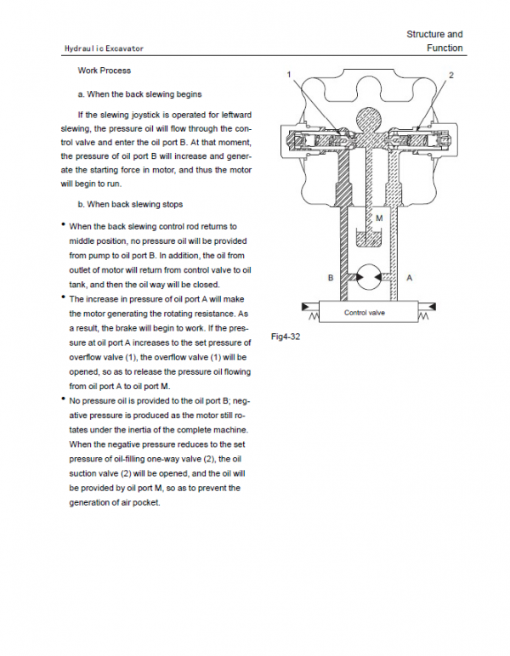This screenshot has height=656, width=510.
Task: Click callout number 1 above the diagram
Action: pos(289,76)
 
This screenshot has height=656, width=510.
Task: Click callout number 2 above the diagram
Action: pos(451,76)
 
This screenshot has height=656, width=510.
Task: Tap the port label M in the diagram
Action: pos(379,218)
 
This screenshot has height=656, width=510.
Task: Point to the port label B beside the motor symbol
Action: pos(331,278)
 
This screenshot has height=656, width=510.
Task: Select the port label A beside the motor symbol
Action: pos(409,278)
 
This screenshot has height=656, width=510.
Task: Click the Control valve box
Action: pos(365,313)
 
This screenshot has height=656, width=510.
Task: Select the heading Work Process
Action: pos(104,71)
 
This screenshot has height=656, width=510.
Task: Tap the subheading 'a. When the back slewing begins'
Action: pos(139,93)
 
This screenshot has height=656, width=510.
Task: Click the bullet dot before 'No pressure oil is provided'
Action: pos(63,399)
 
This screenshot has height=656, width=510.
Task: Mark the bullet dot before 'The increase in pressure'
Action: pos(63,298)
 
